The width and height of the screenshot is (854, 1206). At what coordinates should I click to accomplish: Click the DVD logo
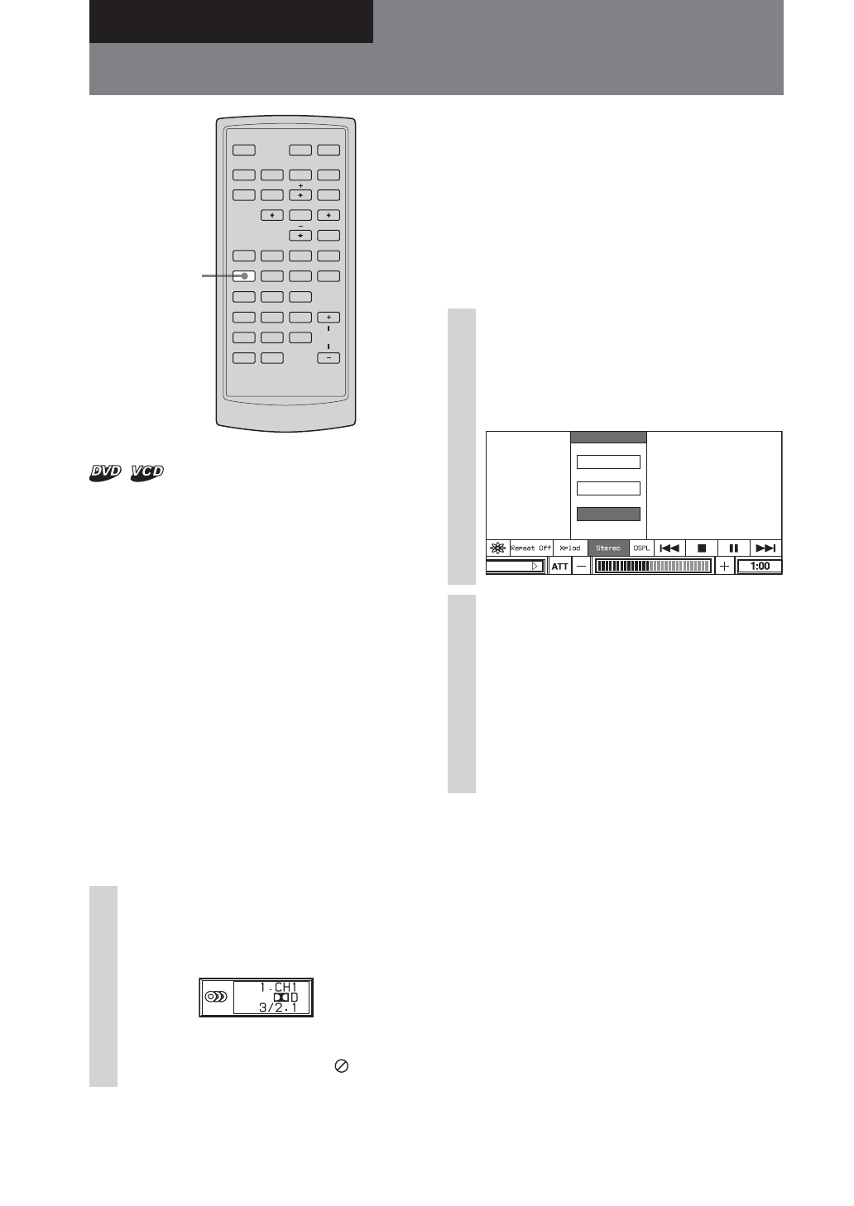pos(106,471)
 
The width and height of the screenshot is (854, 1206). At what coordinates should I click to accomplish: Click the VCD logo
pos(147,471)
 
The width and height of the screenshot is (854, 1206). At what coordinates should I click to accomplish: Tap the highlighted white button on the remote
pos(243,276)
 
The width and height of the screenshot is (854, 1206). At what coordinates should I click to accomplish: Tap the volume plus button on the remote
pos(329,318)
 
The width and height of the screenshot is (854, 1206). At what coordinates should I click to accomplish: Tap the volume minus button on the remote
pos(329,358)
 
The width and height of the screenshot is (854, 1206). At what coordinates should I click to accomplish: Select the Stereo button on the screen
pos(608,548)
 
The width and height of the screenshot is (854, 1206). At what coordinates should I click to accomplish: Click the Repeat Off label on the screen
pos(530,548)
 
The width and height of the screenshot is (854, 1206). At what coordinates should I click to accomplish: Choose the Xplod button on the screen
pos(570,548)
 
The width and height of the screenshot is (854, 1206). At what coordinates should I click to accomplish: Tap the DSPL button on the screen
pos(641,548)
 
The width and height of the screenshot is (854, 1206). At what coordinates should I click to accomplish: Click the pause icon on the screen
pos(733,548)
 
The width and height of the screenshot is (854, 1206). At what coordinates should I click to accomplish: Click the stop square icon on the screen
pos(702,548)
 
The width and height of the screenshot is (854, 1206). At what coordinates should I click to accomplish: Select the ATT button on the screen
pos(560,567)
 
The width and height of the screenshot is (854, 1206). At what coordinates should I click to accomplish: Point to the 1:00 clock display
pos(760,567)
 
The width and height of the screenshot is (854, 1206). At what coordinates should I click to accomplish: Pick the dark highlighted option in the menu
pos(608,514)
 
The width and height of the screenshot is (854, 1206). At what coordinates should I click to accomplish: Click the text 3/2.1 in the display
pos(277,1007)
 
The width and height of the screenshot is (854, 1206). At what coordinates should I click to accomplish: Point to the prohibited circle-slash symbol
pos(341,1066)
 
